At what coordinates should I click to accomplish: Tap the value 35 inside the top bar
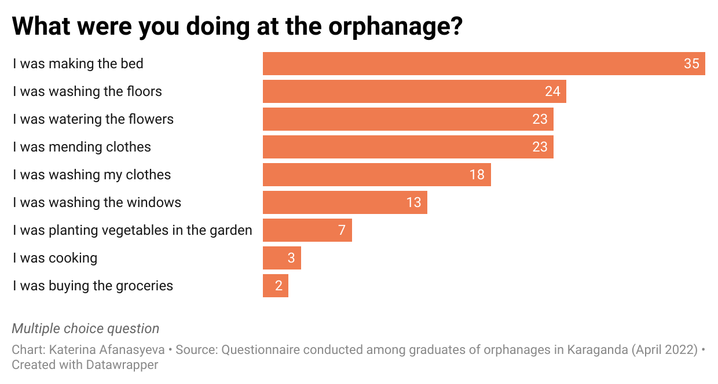coord(691,64)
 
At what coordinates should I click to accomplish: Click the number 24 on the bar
coord(552,91)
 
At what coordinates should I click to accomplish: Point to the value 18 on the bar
coord(477,175)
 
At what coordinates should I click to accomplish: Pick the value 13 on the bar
coord(413,202)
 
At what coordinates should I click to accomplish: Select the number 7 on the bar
coord(342,230)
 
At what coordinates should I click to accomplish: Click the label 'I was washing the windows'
coord(97,202)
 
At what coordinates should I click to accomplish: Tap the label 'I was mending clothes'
coord(82,147)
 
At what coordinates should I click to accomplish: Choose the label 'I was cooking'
coord(55,258)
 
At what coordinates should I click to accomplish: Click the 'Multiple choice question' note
coord(85,328)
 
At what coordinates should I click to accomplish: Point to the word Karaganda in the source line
coord(599,350)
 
